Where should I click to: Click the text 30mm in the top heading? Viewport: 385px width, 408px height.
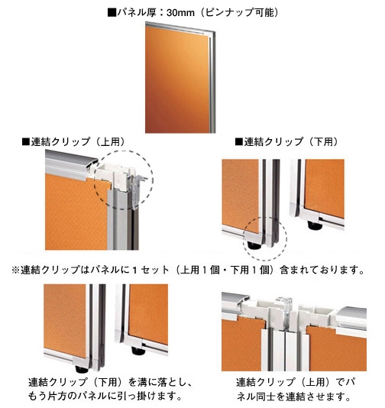tap(180, 12)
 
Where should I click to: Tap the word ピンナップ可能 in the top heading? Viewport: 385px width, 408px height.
tap(240, 12)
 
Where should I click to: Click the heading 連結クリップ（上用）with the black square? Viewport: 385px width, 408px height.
tap(74, 142)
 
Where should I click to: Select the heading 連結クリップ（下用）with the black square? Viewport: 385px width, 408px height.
tap(287, 142)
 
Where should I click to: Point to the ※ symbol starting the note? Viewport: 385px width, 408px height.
tap(15, 270)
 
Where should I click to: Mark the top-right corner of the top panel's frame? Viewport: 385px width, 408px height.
tap(215, 32)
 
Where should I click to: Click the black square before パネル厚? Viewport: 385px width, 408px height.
tap(112, 12)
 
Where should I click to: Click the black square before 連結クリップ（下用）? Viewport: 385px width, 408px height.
tap(239, 142)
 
